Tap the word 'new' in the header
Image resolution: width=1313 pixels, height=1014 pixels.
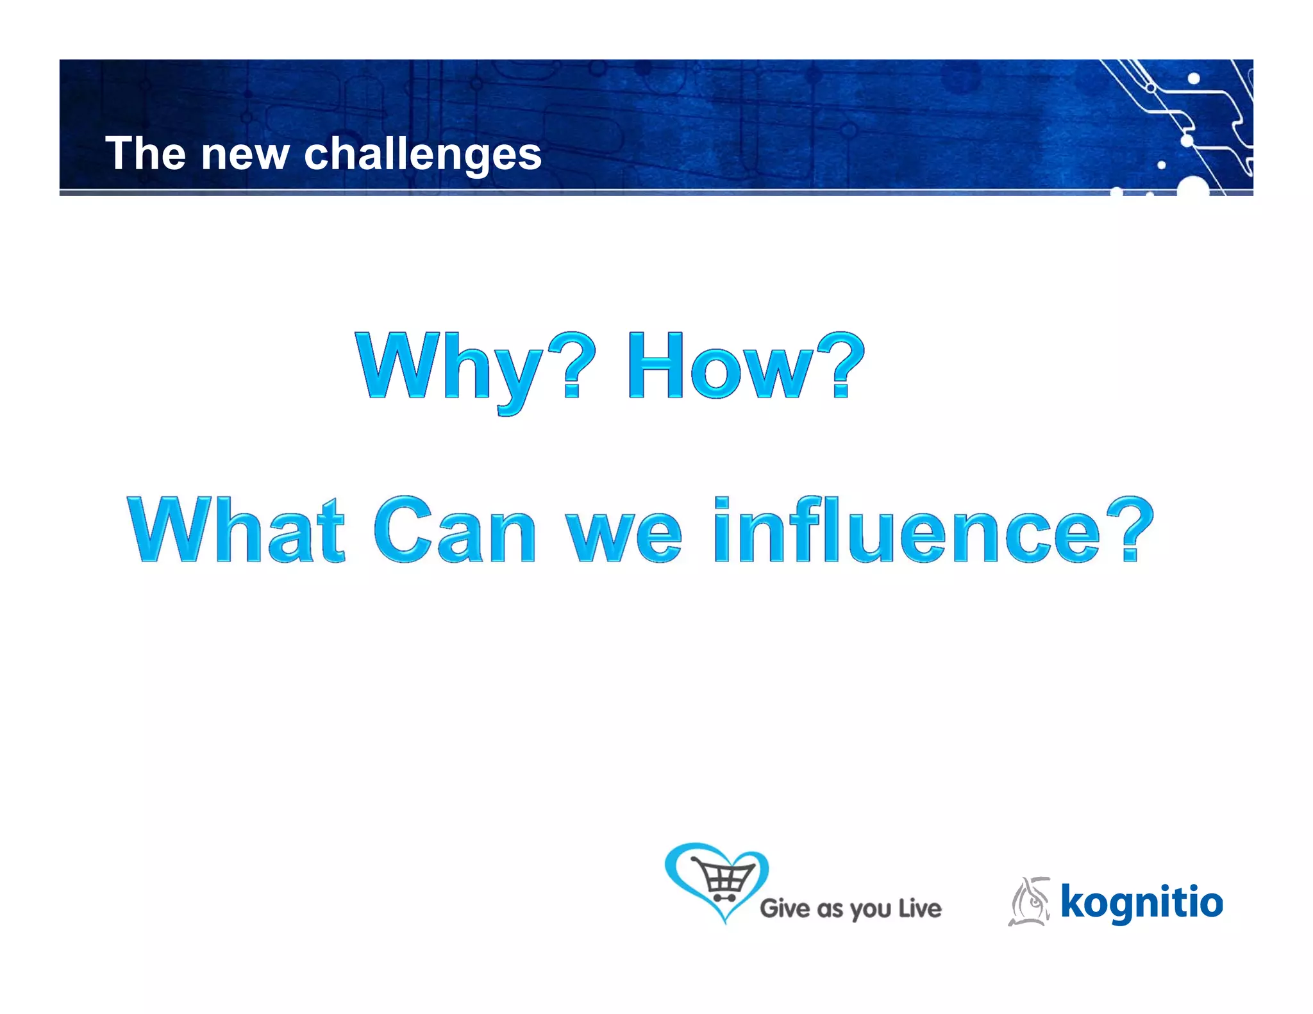coord(245,156)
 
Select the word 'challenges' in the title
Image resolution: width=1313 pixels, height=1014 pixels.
coord(422,156)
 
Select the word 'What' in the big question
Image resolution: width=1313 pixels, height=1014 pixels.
coord(236,531)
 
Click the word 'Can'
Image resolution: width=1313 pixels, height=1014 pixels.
coord(454,531)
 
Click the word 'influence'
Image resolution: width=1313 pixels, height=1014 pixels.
coord(907,531)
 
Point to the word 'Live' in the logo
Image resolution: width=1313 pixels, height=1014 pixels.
coord(919,908)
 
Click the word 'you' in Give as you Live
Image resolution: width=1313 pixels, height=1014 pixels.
coord(871,910)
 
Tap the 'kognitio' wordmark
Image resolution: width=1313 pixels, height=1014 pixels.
coord(1141,902)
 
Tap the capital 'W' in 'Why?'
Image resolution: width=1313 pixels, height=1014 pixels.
coord(397,365)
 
